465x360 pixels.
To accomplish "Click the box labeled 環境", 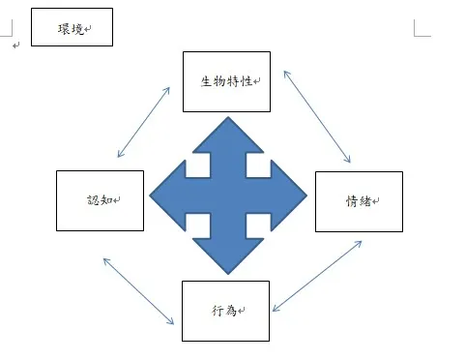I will [72, 27].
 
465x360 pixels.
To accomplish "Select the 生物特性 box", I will [225, 81].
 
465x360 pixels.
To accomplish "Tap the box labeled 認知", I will [100, 200].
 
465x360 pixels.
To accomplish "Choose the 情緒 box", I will [359, 201].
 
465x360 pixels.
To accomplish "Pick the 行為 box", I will [225, 311].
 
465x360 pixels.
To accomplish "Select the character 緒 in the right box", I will [364, 201].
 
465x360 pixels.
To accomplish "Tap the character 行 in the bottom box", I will [218, 311].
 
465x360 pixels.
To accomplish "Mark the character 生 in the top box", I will [206, 81].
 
